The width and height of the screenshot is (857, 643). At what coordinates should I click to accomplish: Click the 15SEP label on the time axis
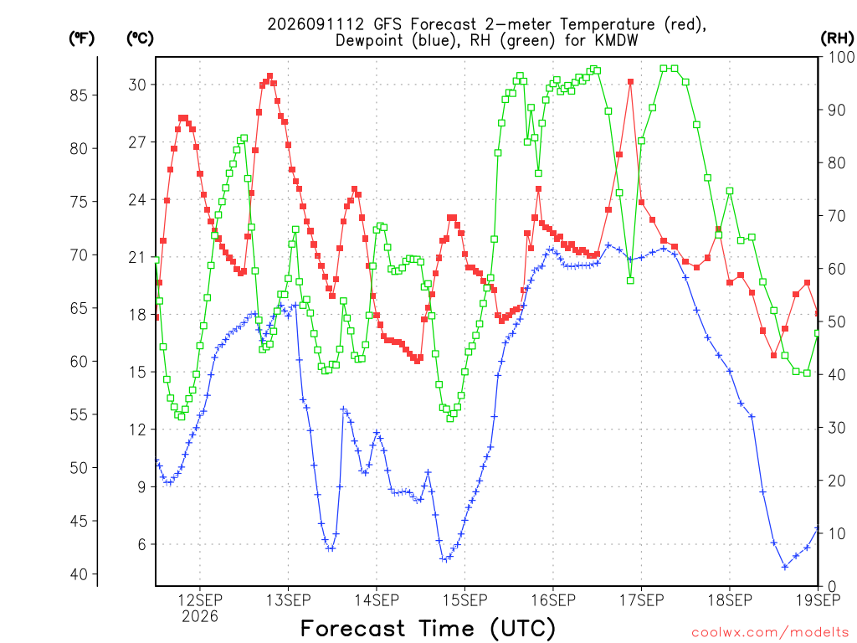[464, 599]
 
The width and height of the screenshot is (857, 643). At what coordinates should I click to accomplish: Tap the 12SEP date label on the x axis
[200, 599]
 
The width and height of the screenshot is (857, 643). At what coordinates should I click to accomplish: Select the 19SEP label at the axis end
[818, 599]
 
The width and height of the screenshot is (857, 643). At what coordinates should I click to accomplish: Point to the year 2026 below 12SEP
[200, 616]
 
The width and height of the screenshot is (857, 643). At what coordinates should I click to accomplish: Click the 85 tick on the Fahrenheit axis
[79, 95]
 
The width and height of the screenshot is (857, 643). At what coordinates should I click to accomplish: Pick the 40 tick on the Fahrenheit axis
[79, 574]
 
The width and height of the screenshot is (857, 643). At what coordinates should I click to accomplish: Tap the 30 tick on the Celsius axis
[137, 85]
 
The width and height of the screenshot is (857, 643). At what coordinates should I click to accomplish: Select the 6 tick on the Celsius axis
[142, 544]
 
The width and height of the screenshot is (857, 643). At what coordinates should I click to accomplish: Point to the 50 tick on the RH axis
[836, 321]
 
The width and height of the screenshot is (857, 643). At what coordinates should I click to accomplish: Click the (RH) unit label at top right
[837, 38]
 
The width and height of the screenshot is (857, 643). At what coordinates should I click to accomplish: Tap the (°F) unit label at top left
[81, 39]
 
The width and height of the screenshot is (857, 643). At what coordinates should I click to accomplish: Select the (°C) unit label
[140, 39]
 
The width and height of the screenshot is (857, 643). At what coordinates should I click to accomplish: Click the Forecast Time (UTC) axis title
[428, 628]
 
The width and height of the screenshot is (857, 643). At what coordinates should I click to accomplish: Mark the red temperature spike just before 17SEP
[630, 82]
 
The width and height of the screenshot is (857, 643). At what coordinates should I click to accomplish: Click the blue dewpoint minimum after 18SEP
[785, 567]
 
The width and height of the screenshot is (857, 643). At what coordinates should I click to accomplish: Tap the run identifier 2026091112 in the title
[316, 24]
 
